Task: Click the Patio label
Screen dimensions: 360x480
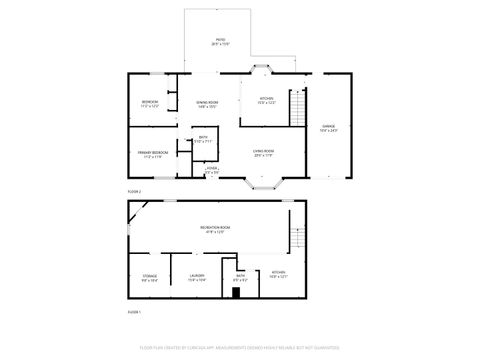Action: (219, 42)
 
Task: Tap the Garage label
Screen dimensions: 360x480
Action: (328, 128)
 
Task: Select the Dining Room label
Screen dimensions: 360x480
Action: (207, 104)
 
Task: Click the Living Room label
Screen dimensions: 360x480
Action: (263, 153)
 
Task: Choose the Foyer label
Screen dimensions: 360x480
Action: (212, 171)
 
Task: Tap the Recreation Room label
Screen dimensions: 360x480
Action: (216, 229)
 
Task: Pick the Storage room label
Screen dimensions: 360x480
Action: (149, 279)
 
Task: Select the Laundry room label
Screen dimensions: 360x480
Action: (197, 279)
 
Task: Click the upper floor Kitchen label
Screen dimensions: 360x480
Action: (267, 99)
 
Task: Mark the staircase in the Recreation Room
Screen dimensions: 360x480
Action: (296, 238)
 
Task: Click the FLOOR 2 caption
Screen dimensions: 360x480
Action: (134, 190)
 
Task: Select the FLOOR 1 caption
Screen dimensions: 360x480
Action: (134, 312)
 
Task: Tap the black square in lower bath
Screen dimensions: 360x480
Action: (236, 293)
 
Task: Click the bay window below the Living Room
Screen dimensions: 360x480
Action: (263, 183)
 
